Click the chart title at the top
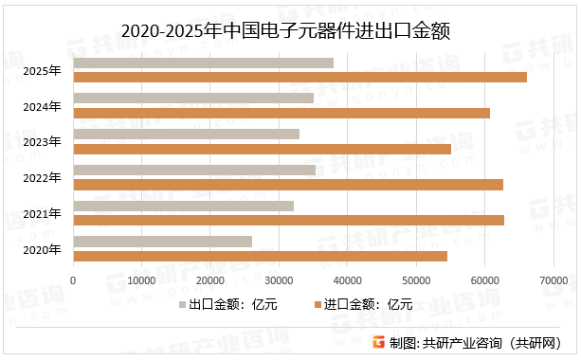pyautogui.click(x=290, y=30)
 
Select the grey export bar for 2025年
pyautogui.click(x=203, y=63)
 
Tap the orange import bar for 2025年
pyautogui.click(x=300, y=78)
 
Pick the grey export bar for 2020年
pyautogui.click(x=162, y=242)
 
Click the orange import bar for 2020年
pyautogui.click(x=260, y=256)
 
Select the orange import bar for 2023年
pyautogui.click(x=262, y=149)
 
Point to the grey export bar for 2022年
pyautogui.click(x=194, y=171)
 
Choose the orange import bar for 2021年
pyautogui.click(x=288, y=220)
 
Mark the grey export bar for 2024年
pyautogui.click(x=193, y=99)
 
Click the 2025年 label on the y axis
pyautogui.click(x=43, y=70)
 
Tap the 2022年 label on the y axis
pyautogui.click(x=43, y=177)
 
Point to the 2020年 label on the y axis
pyautogui.click(x=43, y=249)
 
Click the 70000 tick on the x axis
pyautogui.click(x=554, y=281)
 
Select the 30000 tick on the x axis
pyautogui.click(x=279, y=281)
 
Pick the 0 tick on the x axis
pyautogui.click(x=73, y=281)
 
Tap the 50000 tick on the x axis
pyautogui.click(x=416, y=281)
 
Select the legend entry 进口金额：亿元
pyautogui.click(x=363, y=305)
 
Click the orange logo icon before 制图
pyautogui.click(x=378, y=343)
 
